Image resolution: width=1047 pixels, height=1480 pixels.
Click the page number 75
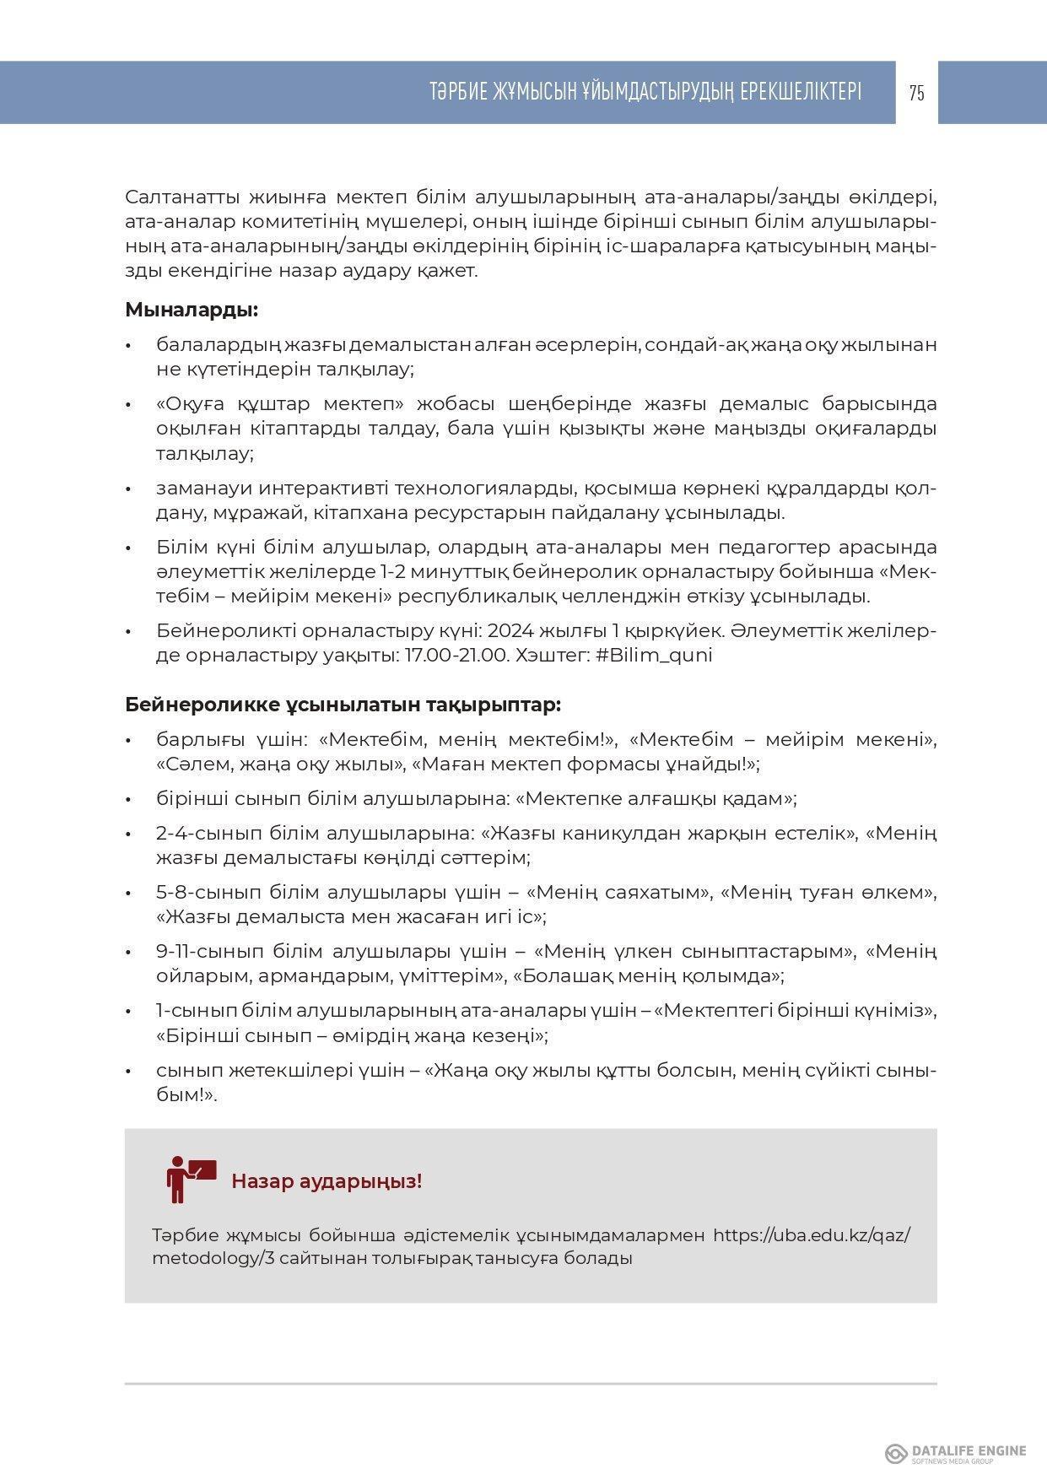point(917,93)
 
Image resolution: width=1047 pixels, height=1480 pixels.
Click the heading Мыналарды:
point(192,310)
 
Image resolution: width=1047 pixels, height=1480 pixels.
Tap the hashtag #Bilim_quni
point(654,656)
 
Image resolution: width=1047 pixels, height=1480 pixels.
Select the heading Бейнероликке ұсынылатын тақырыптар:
point(343,705)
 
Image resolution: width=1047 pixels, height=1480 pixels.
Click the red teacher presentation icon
point(191,1179)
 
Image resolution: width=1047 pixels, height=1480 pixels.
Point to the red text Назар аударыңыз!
point(327,1180)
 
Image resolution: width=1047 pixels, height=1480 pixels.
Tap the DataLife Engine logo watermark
point(955,1453)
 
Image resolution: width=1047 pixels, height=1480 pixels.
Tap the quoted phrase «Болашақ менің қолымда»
point(647,976)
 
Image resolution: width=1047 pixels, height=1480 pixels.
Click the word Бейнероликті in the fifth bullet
point(218,631)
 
